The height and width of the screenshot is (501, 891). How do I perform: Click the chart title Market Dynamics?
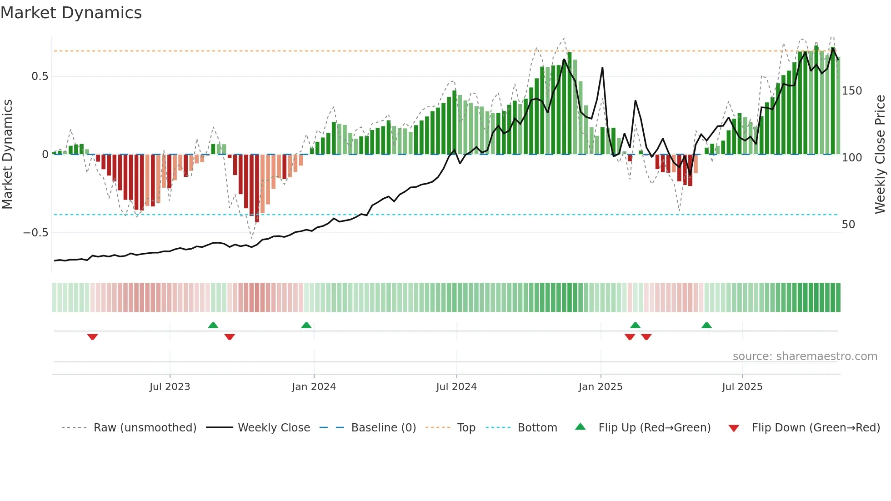[71, 13]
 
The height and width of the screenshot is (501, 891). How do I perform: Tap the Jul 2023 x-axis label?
[170, 387]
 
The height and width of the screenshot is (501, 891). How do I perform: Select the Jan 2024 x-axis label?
[314, 387]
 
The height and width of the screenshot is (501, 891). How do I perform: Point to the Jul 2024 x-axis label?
[456, 387]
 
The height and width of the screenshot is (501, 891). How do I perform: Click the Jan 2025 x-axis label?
[601, 387]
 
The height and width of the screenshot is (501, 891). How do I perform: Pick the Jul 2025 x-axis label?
[742, 387]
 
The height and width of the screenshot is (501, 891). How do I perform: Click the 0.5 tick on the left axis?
[40, 76]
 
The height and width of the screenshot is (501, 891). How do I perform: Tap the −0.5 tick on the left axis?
[36, 233]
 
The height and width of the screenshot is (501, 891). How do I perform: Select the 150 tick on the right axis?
[851, 91]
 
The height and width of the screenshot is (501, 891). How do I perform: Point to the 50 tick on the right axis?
[848, 225]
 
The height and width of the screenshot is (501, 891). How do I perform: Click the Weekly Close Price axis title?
[880, 155]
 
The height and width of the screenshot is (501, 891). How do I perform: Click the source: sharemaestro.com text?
[805, 356]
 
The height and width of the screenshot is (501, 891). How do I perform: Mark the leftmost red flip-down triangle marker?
[93, 337]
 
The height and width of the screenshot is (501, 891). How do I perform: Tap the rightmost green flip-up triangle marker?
[706, 325]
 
